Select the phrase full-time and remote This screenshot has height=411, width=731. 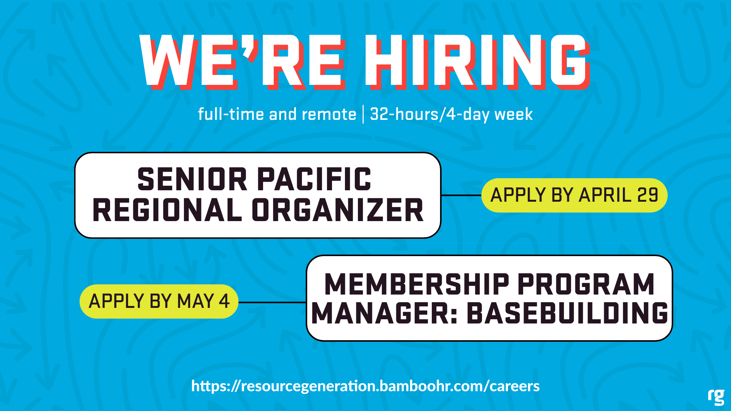click(x=277, y=114)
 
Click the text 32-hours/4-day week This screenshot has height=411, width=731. click(x=451, y=114)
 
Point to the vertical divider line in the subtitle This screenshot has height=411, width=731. click(x=363, y=114)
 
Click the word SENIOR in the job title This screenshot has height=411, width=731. click(x=192, y=179)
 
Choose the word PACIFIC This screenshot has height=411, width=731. click(x=314, y=179)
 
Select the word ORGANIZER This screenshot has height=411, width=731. click(x=338, y=210)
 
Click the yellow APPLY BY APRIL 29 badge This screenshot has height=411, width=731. click(x=575, y=195)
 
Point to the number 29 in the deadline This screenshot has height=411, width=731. click(x=648, y=195)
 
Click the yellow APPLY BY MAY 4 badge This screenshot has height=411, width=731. click(x=159, y=301)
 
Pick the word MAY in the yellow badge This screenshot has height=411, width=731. click(x=196, y=301)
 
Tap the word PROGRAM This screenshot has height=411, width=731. click(x=586, y=284)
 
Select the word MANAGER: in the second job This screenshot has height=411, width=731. click(x=385, y=313)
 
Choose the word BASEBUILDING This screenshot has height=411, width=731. click(x=567, y=313)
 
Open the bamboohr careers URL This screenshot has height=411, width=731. click(x=365, y=386)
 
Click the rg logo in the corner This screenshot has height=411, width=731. click(x=716, y=397)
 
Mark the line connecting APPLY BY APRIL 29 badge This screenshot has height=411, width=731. click(x=461, y=195)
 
